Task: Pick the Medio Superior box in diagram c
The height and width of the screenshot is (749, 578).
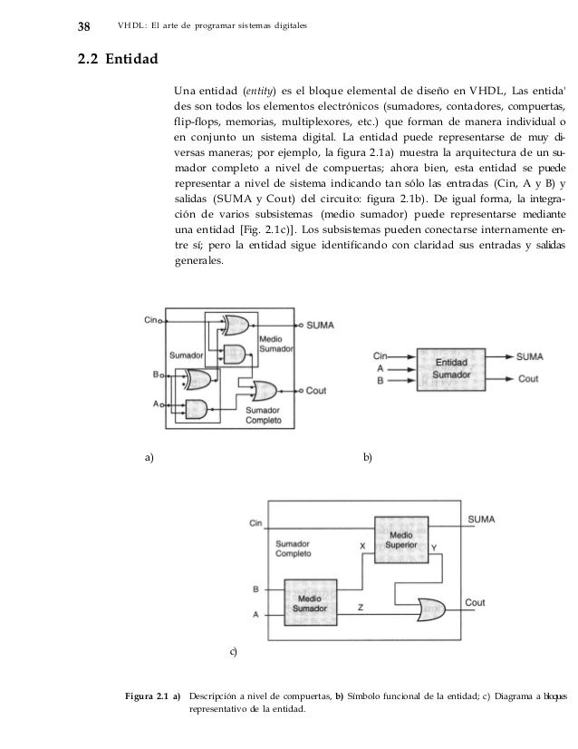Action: [406, 540]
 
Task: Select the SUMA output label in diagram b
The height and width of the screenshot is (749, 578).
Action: [529, 356]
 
